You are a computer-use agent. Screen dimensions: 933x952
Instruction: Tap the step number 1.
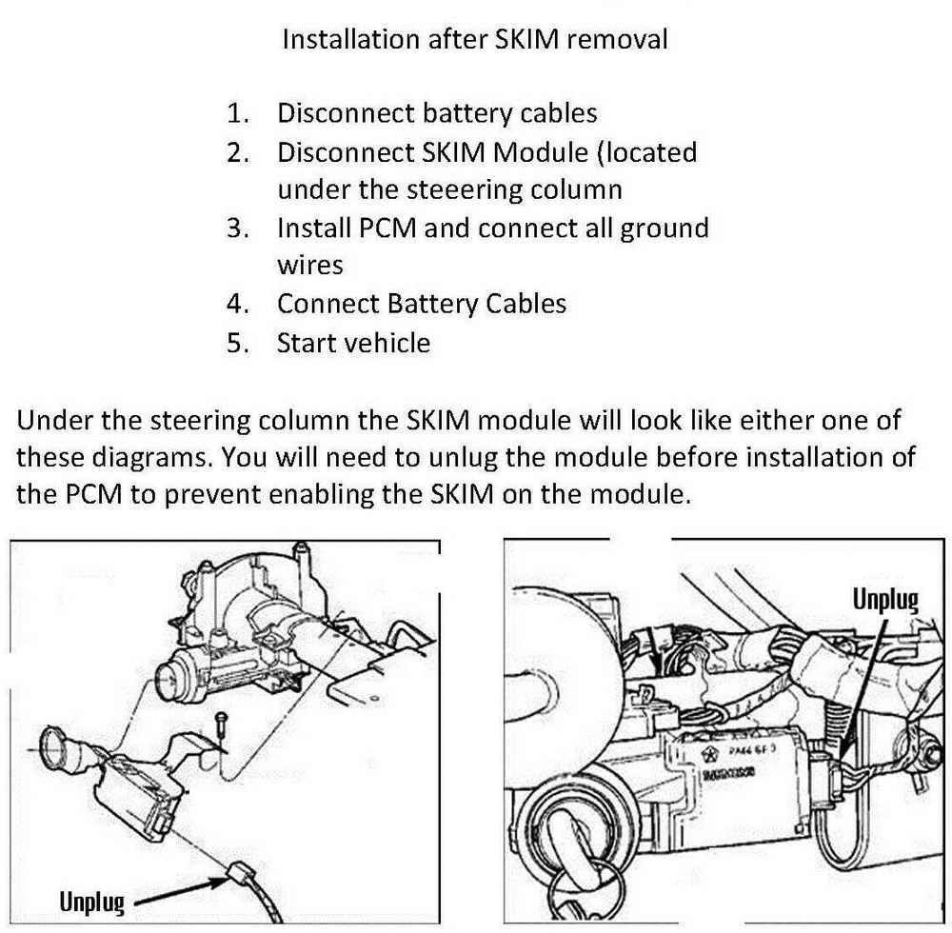click(x=237, y=113)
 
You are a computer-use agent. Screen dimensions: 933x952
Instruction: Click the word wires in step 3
click(x=309, y=265)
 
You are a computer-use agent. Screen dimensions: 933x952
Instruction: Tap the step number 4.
click(x=237, y=304)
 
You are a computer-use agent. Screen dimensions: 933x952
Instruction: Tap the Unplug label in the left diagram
click(x=91, y=901)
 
